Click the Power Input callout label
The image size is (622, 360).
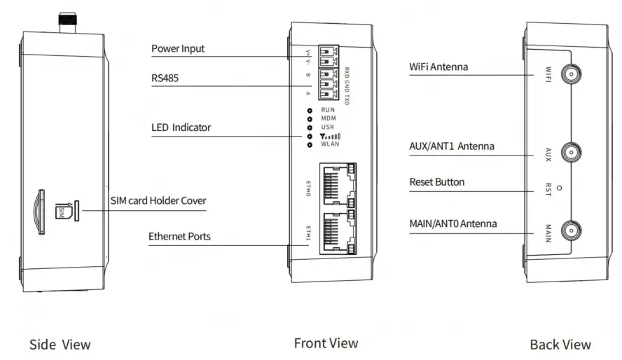click(178, 49)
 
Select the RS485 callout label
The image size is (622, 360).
click(165, 78)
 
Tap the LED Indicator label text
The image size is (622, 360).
click(181, 127)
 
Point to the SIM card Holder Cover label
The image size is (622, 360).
click(158, 201)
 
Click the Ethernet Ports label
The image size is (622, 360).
click(179, 237)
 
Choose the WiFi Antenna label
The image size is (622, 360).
click(438, 67)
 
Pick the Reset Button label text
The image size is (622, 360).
click(436, 182)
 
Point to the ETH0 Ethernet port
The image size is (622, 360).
click(337, 184)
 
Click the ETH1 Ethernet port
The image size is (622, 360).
click(337, 231)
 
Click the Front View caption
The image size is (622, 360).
click(326, 343)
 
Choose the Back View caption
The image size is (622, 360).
click(560, 345)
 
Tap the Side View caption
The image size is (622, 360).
click(60, 345)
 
